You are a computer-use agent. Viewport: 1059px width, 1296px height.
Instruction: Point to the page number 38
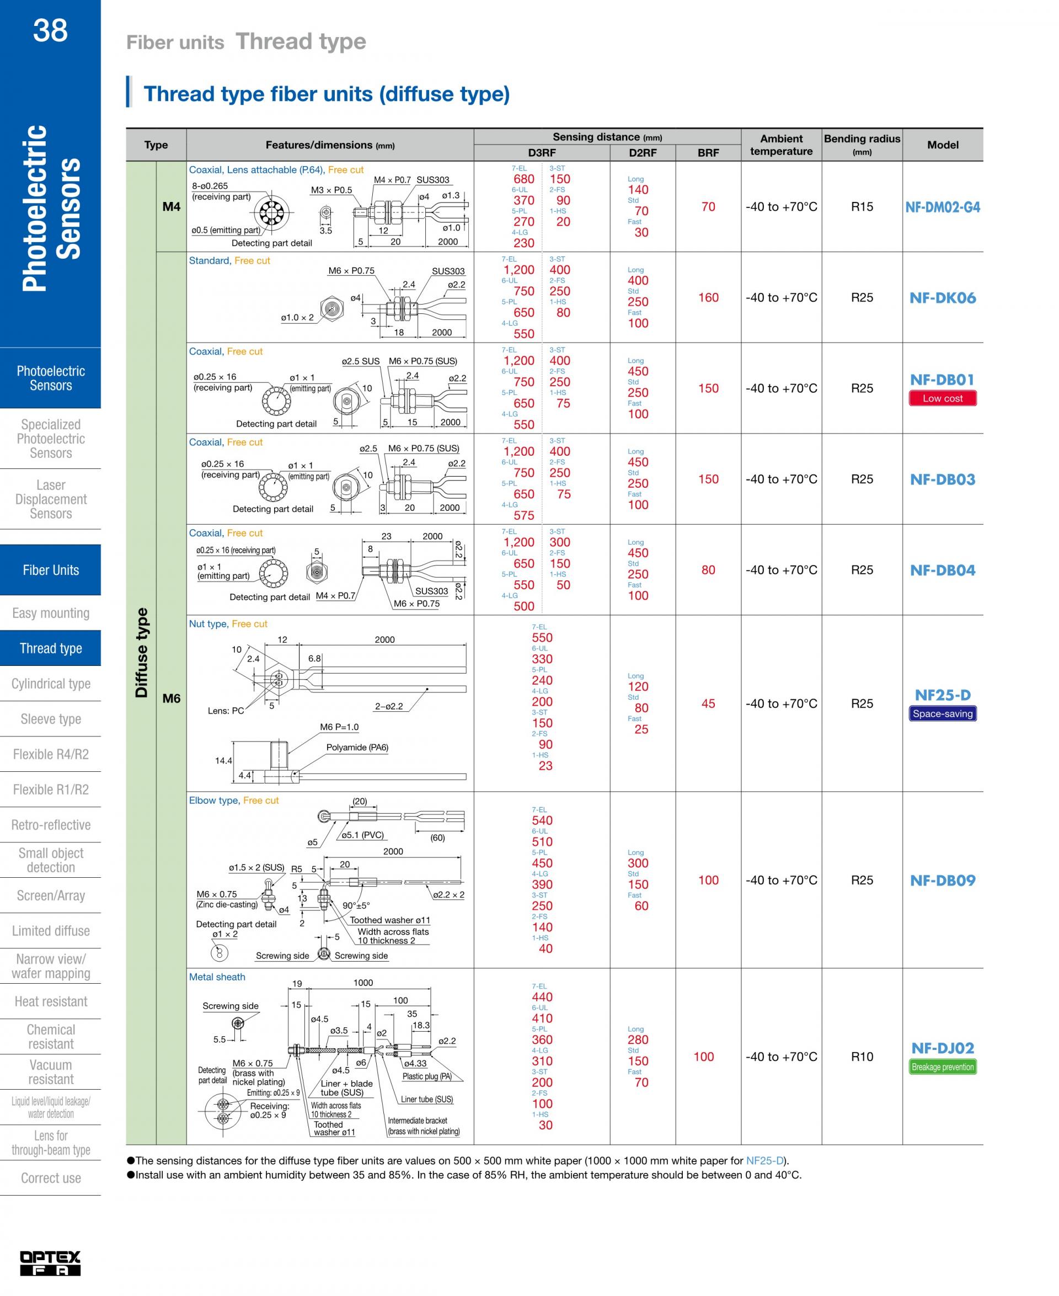pyautogui.click(x=50, y=30)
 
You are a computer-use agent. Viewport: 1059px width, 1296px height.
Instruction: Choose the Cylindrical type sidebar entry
pyautogui.click(x=51, y=684)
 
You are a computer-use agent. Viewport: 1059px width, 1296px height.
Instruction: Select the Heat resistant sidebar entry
pyautogui.click(x=51, y=1001)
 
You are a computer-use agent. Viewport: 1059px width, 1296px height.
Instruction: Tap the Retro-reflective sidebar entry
pyautogui.click(x=51, y=825)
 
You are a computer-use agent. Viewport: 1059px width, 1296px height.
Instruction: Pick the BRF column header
pyautogui.click(x=708, y=153)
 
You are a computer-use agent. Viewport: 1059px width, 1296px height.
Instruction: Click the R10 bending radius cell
pyautogui.click(x=862, y=1056)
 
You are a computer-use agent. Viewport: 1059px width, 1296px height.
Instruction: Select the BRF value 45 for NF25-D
pyautogui.click(x=708, y=703)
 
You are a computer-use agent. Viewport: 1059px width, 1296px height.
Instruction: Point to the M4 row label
pyautogui.click(x=172, y=207)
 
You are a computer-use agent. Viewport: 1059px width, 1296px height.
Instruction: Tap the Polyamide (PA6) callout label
pyautogui.click(x=357, y=748)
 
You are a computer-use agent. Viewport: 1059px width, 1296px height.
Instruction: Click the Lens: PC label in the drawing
pyautogui.click(x=226, y=711)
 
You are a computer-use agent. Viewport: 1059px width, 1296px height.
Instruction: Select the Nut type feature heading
pyautogui.click(x=208, y=623)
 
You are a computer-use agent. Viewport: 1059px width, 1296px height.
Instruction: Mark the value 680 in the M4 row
pyautogui.click(x=523, y=179)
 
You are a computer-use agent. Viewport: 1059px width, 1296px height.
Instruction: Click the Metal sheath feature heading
pyautogui.click(x=217, y=977)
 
